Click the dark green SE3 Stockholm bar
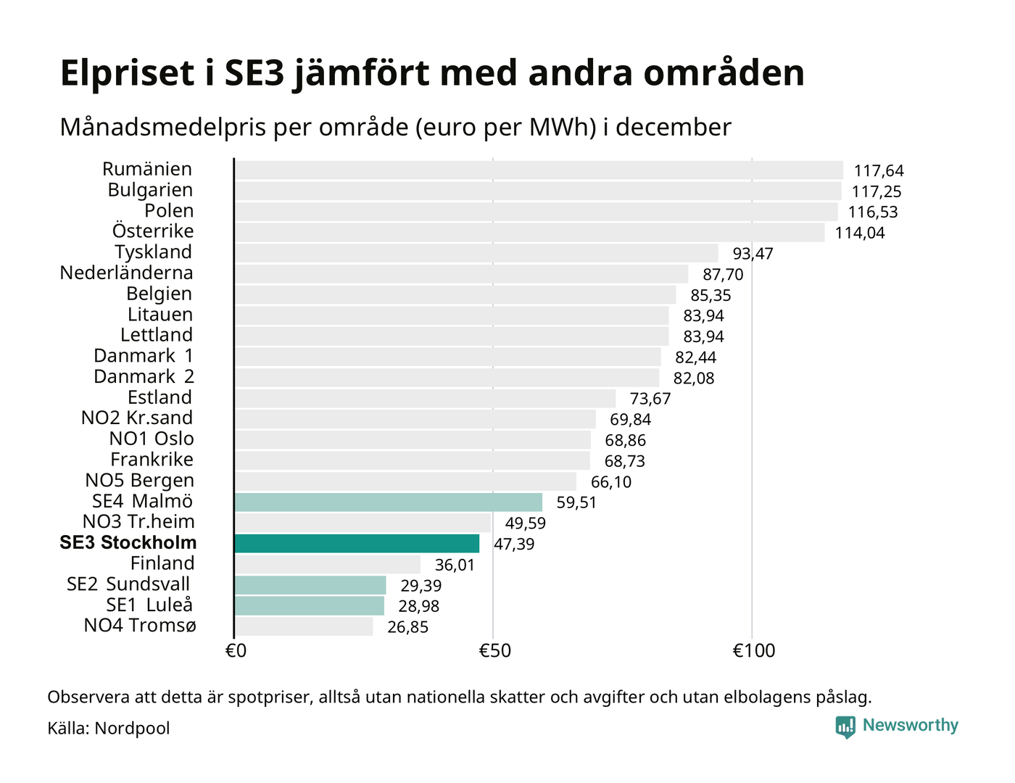pyautogui.click(x=357, y=544)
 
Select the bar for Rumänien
pyautogui.click(x=539, y=170)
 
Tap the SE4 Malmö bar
pyautogui.click(x=389, y=502)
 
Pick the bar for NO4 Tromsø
pyautogui.click(x=304, y=626)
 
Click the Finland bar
pyautogui.click(x=328, y=564)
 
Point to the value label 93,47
pyautogui.click(x=753, y=254)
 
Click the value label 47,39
pyautogui.click(x=514, y=544)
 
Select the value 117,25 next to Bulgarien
pyautogui.click(x=877, y=191)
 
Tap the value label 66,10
pyautogui.click(x=611, y=482)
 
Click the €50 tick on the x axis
pyautogui.click(x=494, y=651)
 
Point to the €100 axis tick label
pyautogui.click(x=754, y=651)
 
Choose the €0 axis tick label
pyautogui.click(x=236, y=651)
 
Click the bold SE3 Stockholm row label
pyautogui.click(x=128, y=543)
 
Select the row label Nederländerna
pyautogui.click(x=126, y=273)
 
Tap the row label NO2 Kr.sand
pyautogui.click(x=137, y=418)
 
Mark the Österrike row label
pyautogui.click(x=153, y=231)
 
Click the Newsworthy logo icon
pyautogui.click(x=845, y=726)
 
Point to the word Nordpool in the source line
pyautogui.click(x=132, y=728)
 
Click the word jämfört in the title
pyautogui.click(x=361, y=74)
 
